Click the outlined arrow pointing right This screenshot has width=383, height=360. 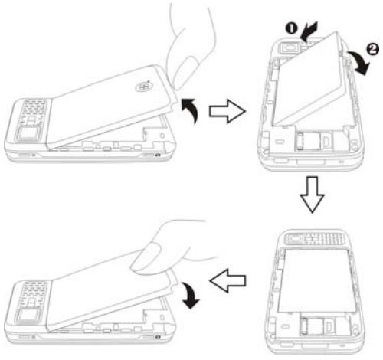click(x=229, y=113)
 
